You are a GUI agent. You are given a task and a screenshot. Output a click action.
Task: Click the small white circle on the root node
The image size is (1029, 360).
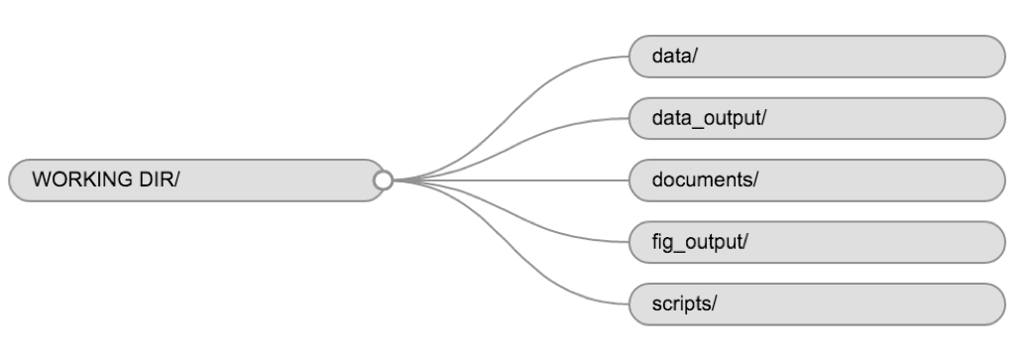coord(384,180)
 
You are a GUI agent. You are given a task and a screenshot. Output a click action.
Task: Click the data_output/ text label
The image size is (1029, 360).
coord(709,118)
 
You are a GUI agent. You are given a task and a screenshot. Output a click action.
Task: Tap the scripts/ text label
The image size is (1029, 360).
coord(682,302)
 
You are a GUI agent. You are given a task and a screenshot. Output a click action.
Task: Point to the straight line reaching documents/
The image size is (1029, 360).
coord(515,180)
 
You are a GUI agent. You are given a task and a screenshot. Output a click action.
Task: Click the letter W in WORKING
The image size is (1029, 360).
coord(41,180)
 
